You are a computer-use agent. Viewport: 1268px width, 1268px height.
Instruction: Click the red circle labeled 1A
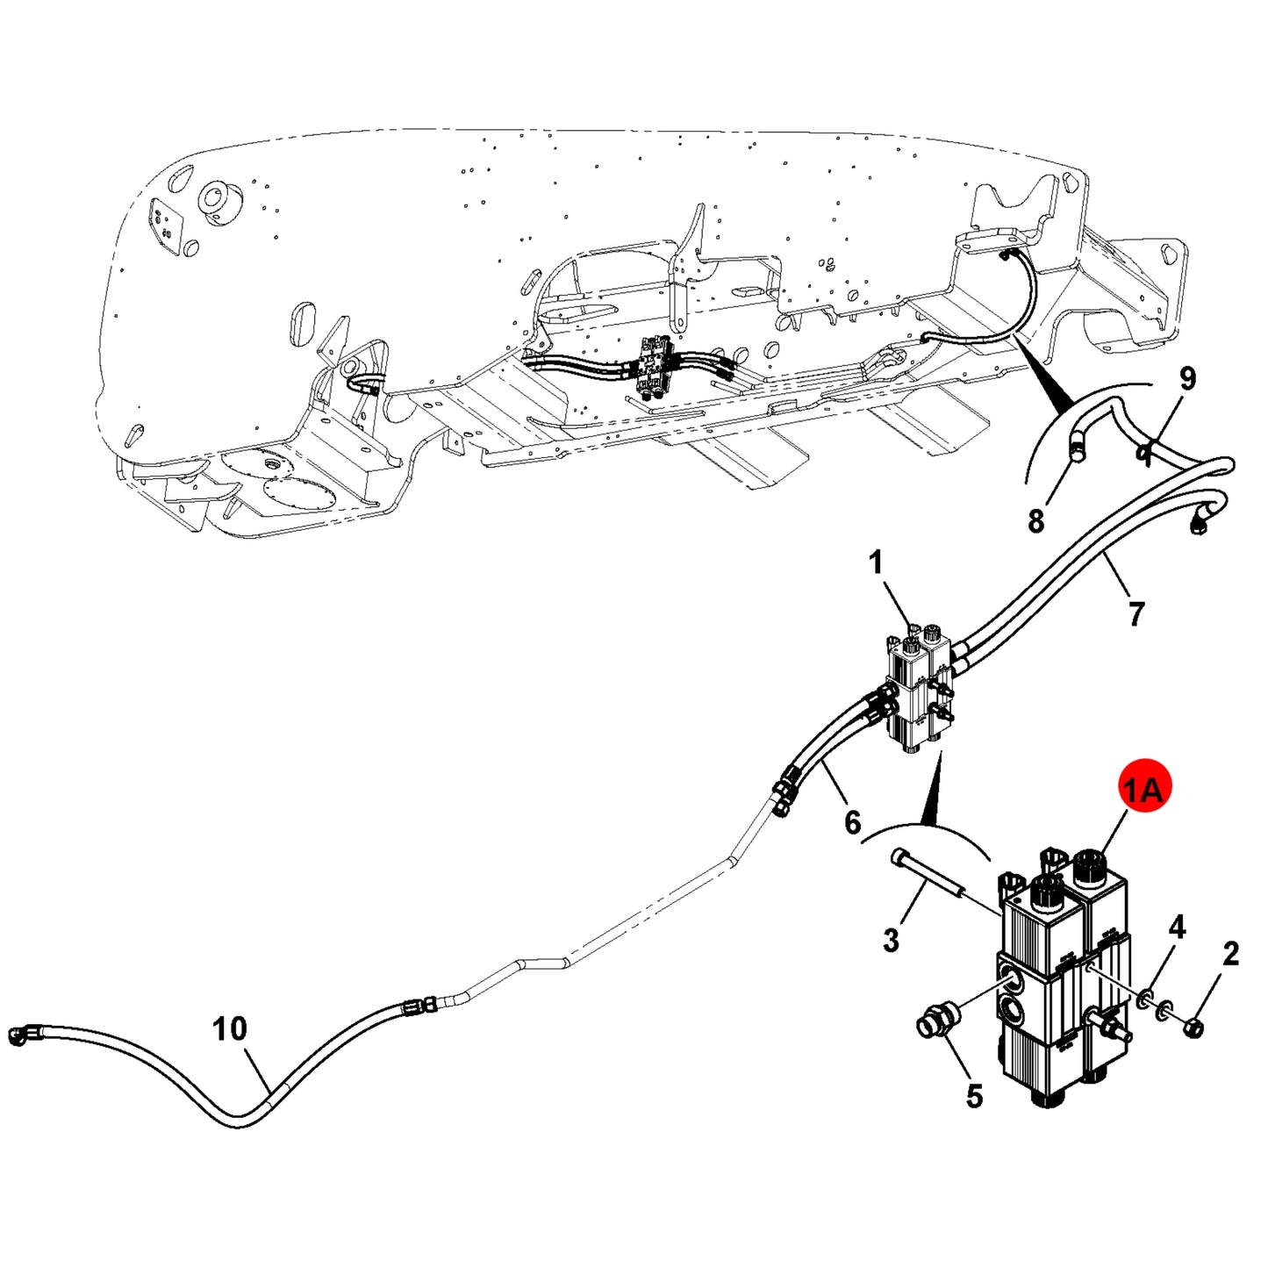click(1144, 791)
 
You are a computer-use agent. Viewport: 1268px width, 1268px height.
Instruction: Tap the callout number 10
click(230, 1028)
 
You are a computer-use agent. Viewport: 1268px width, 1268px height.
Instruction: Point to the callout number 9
click(1186, 378)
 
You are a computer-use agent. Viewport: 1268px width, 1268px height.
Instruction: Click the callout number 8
click(1035, 521)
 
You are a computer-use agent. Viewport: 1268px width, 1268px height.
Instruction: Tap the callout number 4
click(1178, 928)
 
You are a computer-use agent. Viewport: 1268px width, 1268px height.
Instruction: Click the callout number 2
click(1230, 954)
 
